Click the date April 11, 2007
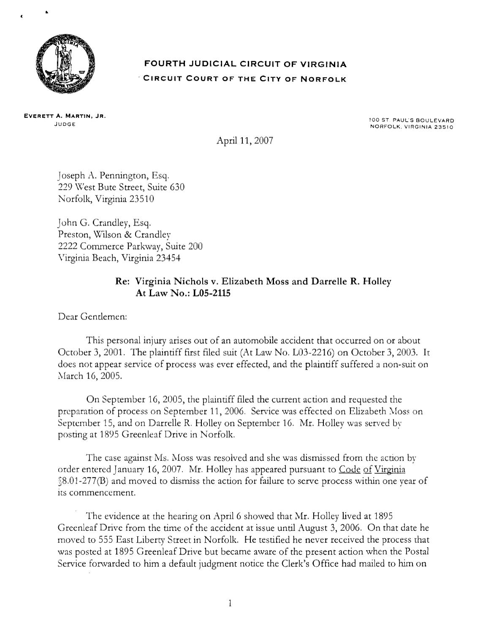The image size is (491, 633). [244, 141]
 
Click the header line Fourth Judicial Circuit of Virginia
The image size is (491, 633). [245, 65]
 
